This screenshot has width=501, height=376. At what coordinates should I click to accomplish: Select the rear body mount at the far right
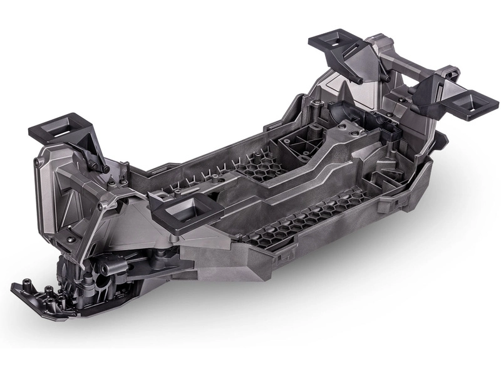tap(468, 100)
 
